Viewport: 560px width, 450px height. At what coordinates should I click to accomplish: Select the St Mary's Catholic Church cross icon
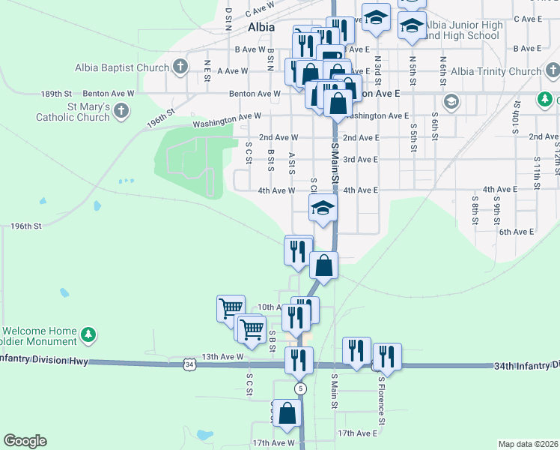point(121,112)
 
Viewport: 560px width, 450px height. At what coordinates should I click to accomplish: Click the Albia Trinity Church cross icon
point(552,72)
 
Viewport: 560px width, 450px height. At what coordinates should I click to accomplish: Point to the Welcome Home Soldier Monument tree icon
point(88,334)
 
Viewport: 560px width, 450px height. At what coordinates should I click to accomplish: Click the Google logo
point(25,441)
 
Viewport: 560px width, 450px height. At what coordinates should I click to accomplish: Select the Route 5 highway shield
point(300,388)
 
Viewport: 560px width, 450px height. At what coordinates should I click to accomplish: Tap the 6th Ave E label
point(516,232)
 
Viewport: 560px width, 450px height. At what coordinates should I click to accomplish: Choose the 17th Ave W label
point(273,442)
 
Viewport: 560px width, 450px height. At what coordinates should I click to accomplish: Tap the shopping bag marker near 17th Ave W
point(287,413)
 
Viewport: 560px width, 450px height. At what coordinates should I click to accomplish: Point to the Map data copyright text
point(528,444)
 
